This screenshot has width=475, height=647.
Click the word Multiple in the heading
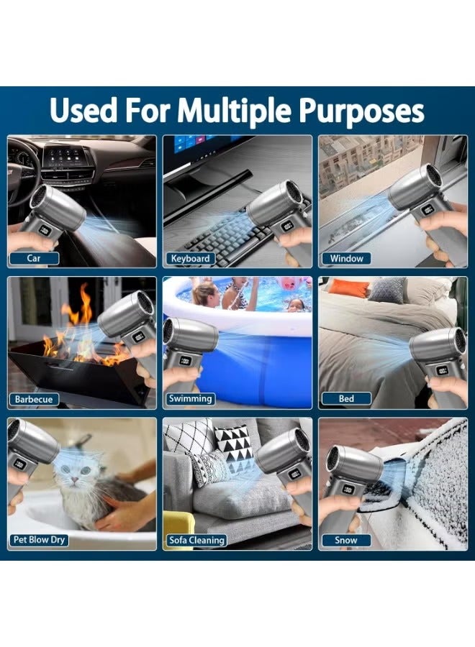coord(235,111)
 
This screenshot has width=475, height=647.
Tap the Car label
coord(34,258)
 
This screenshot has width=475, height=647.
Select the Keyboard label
coord(191,258)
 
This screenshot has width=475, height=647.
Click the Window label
coord(347,258)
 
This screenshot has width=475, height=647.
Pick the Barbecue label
coord(34,399)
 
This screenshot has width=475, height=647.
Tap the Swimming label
coord(191,398)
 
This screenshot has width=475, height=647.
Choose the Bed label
coord(347,398)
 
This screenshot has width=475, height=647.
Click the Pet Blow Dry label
coord(40,540)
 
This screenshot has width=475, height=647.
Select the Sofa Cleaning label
coord(196,540)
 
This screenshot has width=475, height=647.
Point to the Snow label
coord(346,540)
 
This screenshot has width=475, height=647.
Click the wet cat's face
coord(73,474)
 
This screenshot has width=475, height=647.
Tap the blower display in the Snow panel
coord(348,490)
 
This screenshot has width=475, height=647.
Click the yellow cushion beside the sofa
coord(178,531)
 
